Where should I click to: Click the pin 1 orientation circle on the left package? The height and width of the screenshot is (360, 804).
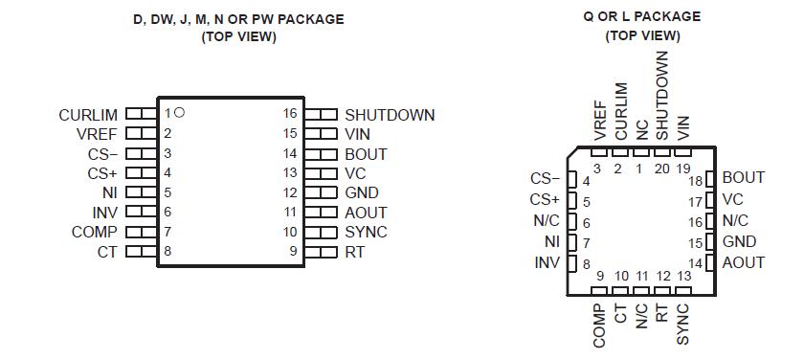[x=180, y=113]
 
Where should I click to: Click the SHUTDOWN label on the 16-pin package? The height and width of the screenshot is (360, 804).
[x=390, y=115]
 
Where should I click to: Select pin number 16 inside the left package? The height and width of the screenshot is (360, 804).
[x=290, y=114]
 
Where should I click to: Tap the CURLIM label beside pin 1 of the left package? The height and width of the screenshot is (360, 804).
[x=88, y=115]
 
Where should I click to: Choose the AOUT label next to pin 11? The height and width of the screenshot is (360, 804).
[x=366, y=213]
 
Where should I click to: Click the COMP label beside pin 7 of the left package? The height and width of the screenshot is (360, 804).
[x=95, y=232]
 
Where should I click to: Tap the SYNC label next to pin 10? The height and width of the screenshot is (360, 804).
[x=366, y=232]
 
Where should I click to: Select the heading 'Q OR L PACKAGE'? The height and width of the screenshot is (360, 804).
[x=642, y=16]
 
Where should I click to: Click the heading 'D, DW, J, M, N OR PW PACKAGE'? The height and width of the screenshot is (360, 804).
[x=238, y=19]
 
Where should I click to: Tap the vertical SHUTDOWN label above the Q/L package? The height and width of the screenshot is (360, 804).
[x=662, y=96]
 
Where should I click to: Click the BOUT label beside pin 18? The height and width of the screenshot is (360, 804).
[x=743, y=178]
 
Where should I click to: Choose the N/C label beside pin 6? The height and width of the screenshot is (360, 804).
[x=546, y=220]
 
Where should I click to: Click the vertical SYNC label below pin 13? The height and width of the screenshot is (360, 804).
[x=683, y=324]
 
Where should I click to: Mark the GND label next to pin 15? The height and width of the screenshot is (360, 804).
[x=739, y=242]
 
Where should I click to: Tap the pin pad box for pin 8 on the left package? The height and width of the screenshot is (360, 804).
[x=141, y=252]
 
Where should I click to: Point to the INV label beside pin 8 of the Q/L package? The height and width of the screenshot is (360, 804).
[x=547, y=263]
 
